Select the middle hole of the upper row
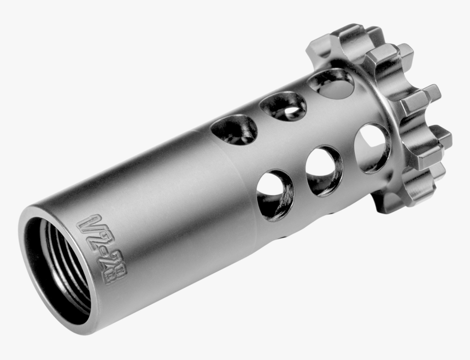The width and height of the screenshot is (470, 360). [283, 105]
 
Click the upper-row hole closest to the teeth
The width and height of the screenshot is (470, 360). [331, 83]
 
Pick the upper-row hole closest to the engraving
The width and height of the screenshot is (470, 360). [234, 131]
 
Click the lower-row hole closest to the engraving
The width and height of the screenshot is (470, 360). [275, 195]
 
